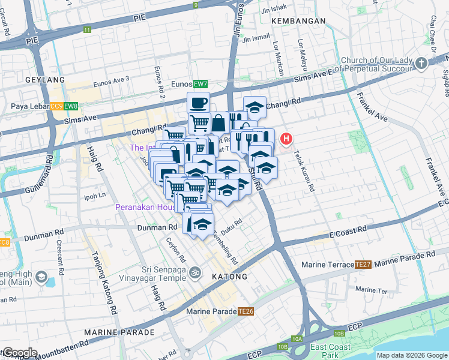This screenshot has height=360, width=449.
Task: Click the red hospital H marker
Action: (x=286, y=140)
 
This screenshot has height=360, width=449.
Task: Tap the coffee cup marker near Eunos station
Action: (x=199, y=103)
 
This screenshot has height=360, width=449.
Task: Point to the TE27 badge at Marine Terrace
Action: (x=363, y=265)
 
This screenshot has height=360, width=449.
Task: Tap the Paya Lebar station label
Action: (x=29, y=107)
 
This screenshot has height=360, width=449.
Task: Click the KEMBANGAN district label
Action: (x=298, y=21)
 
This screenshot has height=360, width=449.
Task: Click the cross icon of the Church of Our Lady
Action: (x=421, y=63)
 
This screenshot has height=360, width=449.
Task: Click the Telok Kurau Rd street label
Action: (x=304, y=170)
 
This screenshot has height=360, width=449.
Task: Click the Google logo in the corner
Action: (x=20, y=353)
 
